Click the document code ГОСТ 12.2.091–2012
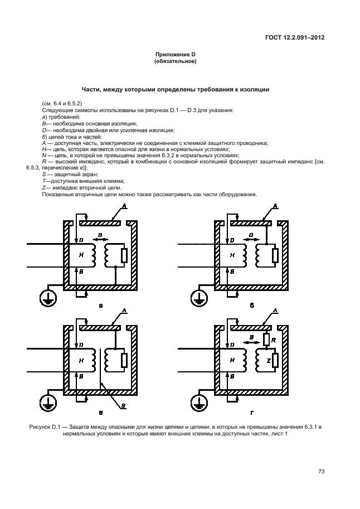tap(294, 38)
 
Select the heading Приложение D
tap(175, 55)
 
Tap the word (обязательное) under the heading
tap(175, 61)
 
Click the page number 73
tap(321, 472)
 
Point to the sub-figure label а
tap(100, 306)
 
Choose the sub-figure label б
tap(252, 306)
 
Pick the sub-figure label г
tap(252, 413)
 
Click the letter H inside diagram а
tap(81, 255)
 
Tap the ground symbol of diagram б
tap(196, 299)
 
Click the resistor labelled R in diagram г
tap(266, 340)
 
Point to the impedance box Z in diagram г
tap(275, 361)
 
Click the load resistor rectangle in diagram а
tap(124, 255)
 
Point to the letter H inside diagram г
tap(232, 361)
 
